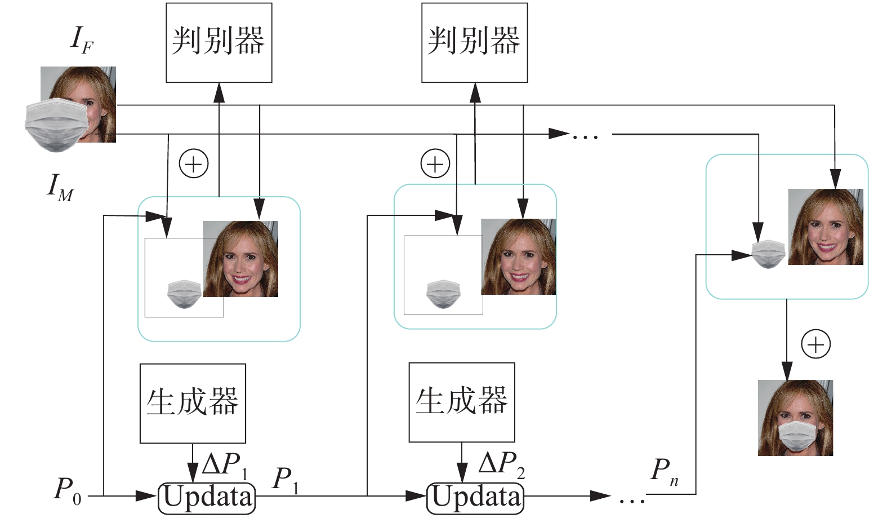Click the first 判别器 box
coord(219,42)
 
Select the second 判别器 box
coord(474,42)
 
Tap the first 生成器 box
coord(193,402)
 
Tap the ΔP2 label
coord(501,464)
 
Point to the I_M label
coord(60,187)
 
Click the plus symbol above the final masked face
coord(815,344)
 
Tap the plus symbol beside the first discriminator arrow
coord(193,164)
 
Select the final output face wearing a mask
coord(795,418)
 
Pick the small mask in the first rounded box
coord(184,294)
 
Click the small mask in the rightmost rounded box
coord(769,254)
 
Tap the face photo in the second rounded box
coord(518,256)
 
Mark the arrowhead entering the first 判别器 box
coord(219,91)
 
